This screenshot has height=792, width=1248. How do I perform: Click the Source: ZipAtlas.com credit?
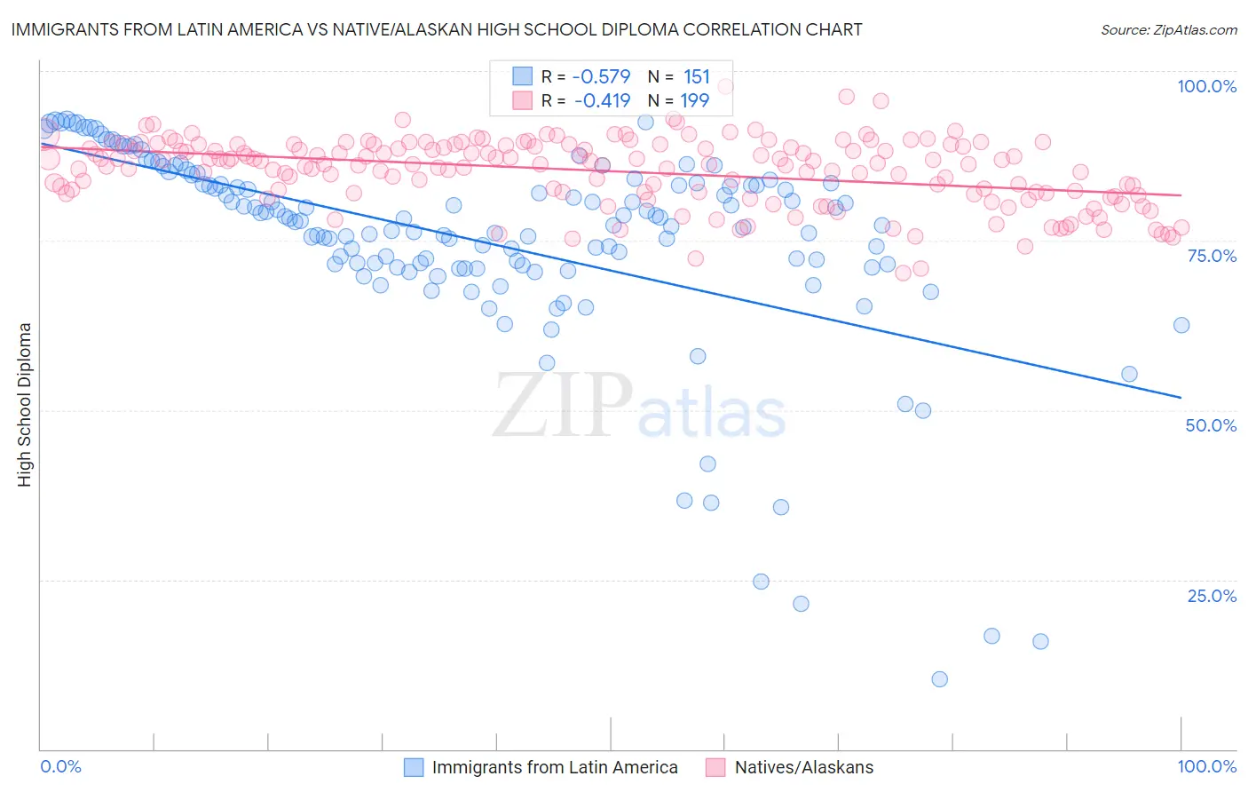1168,30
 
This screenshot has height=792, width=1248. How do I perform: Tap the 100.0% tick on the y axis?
1206,86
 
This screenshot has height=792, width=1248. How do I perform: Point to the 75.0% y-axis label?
1211,256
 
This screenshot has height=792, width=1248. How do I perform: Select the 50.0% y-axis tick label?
1211,425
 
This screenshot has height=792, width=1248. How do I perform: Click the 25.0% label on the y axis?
1212,596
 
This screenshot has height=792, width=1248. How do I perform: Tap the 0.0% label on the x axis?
60,767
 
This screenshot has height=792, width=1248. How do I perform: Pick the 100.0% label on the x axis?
1206,767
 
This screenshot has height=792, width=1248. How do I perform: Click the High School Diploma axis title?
25,404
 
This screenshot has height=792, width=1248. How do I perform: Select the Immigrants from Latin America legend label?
555,768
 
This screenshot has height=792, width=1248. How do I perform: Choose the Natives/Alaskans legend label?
804,768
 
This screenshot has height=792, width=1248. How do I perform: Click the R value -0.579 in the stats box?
602,76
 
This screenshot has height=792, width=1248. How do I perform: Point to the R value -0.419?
602,100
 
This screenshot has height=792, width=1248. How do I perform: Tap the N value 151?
696,76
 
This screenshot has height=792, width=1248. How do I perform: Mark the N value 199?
696,100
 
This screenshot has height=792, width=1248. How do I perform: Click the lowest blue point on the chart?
939,679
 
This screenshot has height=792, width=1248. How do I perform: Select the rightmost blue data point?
1181,325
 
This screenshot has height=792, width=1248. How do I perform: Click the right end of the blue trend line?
1181,397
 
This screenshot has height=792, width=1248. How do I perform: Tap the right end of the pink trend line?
1181,195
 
